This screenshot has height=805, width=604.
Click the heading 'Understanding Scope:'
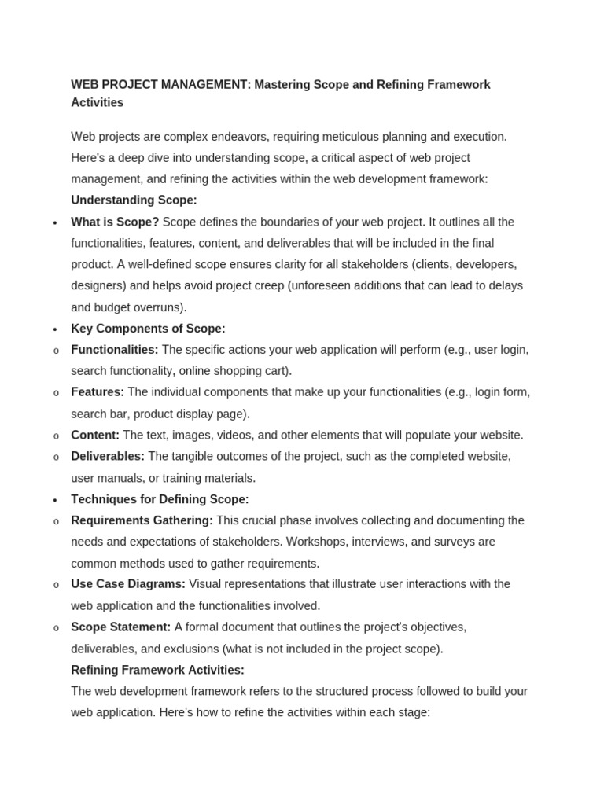pos(134,200)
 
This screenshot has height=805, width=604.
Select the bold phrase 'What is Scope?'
pos(115,222)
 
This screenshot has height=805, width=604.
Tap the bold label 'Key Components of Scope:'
pos(148,329)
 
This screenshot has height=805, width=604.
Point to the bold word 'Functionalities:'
pos(115,350)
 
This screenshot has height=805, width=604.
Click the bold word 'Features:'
pos(98,392)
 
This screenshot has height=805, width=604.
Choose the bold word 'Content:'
pos(95,435)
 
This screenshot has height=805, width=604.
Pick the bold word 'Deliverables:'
pos(108,456)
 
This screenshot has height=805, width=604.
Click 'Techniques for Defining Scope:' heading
pos(160,499)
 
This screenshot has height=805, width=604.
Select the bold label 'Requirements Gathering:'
pos(142,520)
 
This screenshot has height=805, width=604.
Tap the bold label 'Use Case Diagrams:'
pos(128,584)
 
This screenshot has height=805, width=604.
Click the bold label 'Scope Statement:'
pos(120,627)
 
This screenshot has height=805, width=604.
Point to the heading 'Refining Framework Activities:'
pos(157,670)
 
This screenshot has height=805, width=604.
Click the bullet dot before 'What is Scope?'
pos(55,222)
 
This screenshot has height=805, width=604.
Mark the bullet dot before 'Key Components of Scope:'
pos(55,329)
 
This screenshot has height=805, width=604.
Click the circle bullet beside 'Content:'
pos(56,436)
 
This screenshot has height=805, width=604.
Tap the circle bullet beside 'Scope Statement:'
pos(56,628)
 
